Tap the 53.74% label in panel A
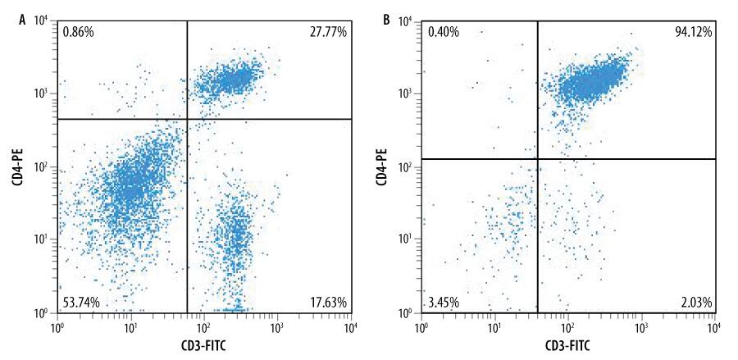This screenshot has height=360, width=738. click(x=80, y=303)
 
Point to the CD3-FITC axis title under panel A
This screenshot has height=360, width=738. click(x=204, y=345)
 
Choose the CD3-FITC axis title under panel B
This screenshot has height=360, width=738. click(x=569, y=345)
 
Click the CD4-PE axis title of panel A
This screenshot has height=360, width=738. click(x=16, y=166)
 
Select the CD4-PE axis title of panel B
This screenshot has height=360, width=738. click(x=381, y=166)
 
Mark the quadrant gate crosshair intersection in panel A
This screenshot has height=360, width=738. click(x=188, y=119)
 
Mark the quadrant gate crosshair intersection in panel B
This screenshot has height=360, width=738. click(x=537, y=159)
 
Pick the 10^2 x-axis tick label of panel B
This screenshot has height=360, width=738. click(x=567, y=327)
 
